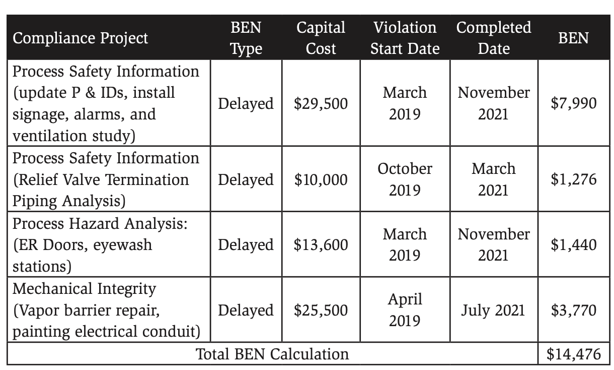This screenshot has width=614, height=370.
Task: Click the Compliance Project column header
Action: coord(81,38)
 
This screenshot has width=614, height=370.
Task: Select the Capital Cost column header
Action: coord(321,38)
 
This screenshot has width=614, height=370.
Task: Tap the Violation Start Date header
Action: coord(405,38)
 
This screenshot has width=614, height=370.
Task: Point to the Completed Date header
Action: coord(494,38)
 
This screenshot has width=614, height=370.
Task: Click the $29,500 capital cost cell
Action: coord(321,103)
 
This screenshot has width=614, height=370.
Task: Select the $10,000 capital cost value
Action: coord(321,179)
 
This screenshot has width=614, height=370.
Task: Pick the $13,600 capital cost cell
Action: coord(321,244)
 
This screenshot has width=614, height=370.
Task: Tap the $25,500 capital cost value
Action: coord(321,310)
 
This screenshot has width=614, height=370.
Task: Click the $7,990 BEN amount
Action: coord(573,103)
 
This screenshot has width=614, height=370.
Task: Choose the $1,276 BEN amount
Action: coord(573,179)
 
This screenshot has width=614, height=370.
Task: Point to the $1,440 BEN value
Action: coord(573,244)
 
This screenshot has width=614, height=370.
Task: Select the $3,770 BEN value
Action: coord(573,310)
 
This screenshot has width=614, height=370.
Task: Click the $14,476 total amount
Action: coord(573,353)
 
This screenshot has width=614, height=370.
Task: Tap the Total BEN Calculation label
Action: coord(272,354)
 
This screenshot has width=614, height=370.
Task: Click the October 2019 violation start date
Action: coord(405,179)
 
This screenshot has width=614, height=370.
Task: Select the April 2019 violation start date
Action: coord(405,310)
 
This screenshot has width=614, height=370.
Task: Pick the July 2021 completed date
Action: coord(493,310)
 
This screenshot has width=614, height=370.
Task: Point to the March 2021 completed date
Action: coord(493,179)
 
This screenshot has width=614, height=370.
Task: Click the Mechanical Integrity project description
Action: coord(106,310)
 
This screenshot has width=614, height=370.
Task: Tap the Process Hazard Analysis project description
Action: coord(101,244)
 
